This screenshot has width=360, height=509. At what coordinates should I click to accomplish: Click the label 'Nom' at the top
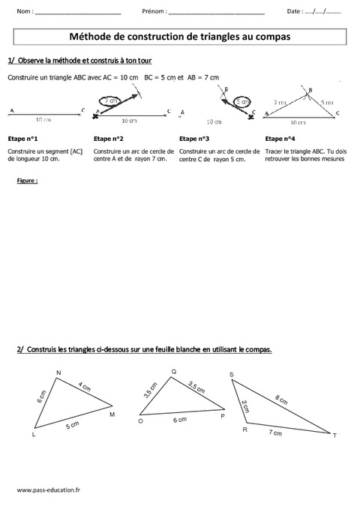pos(22,12)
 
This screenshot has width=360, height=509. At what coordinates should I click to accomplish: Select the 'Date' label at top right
pos(295,12)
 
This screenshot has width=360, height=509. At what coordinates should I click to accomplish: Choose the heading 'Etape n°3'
pos(195,139)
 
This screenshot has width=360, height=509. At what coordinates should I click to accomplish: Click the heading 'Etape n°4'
pos(280,139)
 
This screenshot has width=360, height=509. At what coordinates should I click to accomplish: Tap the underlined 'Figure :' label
pos(27,181)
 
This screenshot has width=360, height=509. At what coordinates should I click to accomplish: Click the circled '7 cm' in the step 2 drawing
pos(110,100)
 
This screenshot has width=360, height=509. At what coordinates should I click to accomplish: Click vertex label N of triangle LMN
pos(58,373)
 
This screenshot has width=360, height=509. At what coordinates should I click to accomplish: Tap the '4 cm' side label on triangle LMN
pos(84,387)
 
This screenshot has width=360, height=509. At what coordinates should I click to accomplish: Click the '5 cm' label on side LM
pos(71,426)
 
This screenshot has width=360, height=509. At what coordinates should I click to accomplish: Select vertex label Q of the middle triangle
pos(174,371)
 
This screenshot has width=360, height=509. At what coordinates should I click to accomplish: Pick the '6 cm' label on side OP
pos(180,421)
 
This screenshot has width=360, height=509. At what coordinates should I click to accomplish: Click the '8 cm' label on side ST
pos(280,399)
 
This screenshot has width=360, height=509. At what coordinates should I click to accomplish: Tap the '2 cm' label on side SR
pos(244,406)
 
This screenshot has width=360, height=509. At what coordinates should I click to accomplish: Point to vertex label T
pos(334,435)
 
